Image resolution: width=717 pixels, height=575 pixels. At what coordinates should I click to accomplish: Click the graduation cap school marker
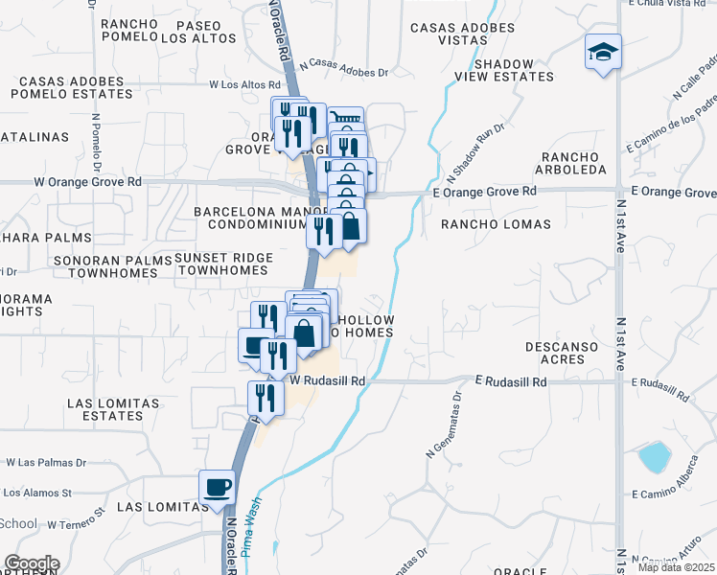click(604, 52)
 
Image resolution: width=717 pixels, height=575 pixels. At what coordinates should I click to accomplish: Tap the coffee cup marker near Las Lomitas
click(217, 486)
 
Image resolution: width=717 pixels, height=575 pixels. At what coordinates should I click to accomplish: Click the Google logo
click(32, 563)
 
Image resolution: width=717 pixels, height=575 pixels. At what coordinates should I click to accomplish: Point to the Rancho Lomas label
click(496, 224)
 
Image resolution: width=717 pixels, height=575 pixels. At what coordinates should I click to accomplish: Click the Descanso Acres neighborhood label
click(555, 353)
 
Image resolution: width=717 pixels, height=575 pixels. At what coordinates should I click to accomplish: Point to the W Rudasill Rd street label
click(329, 380)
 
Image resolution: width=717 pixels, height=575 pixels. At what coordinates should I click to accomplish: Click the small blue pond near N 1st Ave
click(655, 457)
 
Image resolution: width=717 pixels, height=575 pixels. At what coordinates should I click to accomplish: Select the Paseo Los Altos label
click(198, 31)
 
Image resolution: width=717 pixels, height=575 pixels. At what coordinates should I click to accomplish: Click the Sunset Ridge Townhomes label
click(223, 264)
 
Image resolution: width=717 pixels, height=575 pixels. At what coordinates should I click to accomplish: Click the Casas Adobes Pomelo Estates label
click(74, 87)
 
